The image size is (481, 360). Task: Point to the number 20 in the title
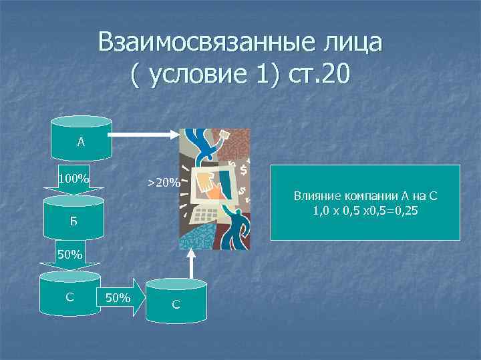332,74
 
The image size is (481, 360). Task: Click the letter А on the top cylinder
81,141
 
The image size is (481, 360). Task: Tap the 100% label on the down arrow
73,179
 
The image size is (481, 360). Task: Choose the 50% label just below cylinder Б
70,255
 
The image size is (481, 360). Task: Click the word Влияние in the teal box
316,197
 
